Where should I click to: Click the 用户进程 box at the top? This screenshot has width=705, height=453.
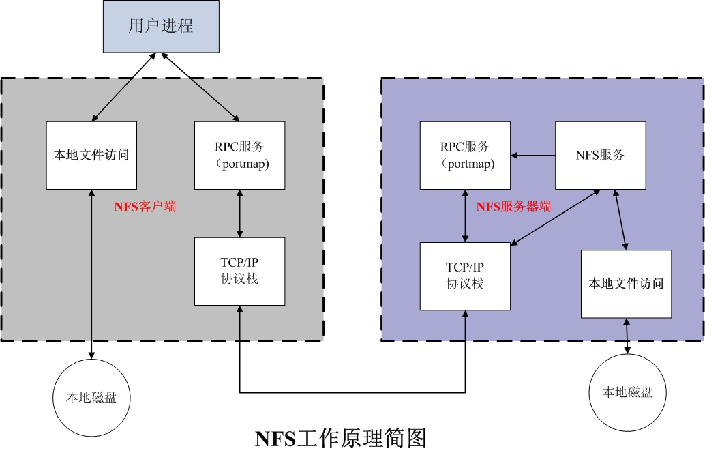[161, 27]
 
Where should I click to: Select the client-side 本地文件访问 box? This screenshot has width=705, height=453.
[91, 155]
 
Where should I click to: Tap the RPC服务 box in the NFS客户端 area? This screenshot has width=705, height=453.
[239, 155]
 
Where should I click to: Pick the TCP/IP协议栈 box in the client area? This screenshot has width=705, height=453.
[239, 271]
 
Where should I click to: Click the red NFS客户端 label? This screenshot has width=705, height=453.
[145, 206]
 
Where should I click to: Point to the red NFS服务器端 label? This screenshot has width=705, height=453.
[513, 206]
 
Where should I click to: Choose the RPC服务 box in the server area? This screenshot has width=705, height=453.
[465, 155]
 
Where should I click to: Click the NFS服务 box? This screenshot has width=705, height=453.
[600, 155]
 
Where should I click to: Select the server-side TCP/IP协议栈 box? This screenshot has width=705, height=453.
[465, 276]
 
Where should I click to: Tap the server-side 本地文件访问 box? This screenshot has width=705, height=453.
[625, 283]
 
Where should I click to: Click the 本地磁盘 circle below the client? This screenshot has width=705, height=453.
[91, 396]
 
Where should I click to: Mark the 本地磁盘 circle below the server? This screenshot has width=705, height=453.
[627, 392]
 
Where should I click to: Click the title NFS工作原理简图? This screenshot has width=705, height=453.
[340, 437]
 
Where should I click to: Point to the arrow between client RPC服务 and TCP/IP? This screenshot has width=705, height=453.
[239, 213]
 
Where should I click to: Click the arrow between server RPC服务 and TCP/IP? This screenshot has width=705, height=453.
[465, 216]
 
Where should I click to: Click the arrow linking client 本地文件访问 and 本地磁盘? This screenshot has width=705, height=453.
[91, 273]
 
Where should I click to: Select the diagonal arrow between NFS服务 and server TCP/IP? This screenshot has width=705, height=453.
[555, 216]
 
